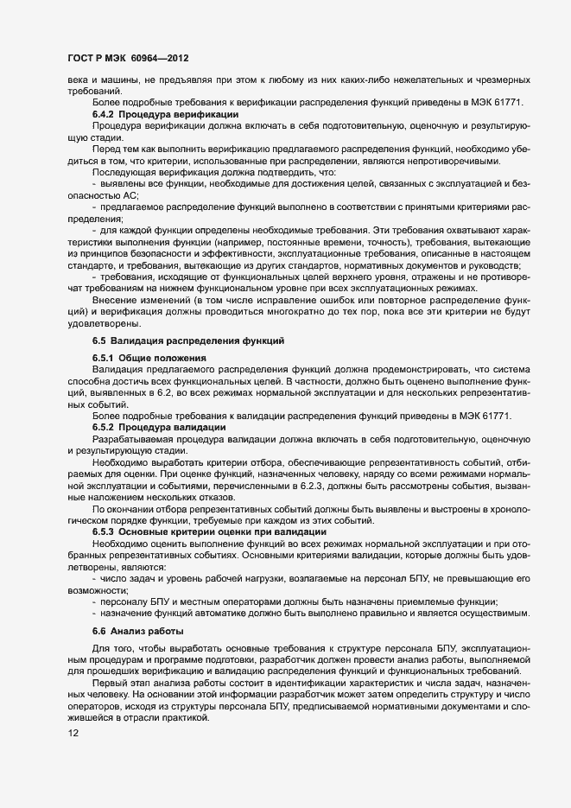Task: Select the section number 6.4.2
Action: point(104,114)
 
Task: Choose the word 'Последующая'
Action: point(123,174)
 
